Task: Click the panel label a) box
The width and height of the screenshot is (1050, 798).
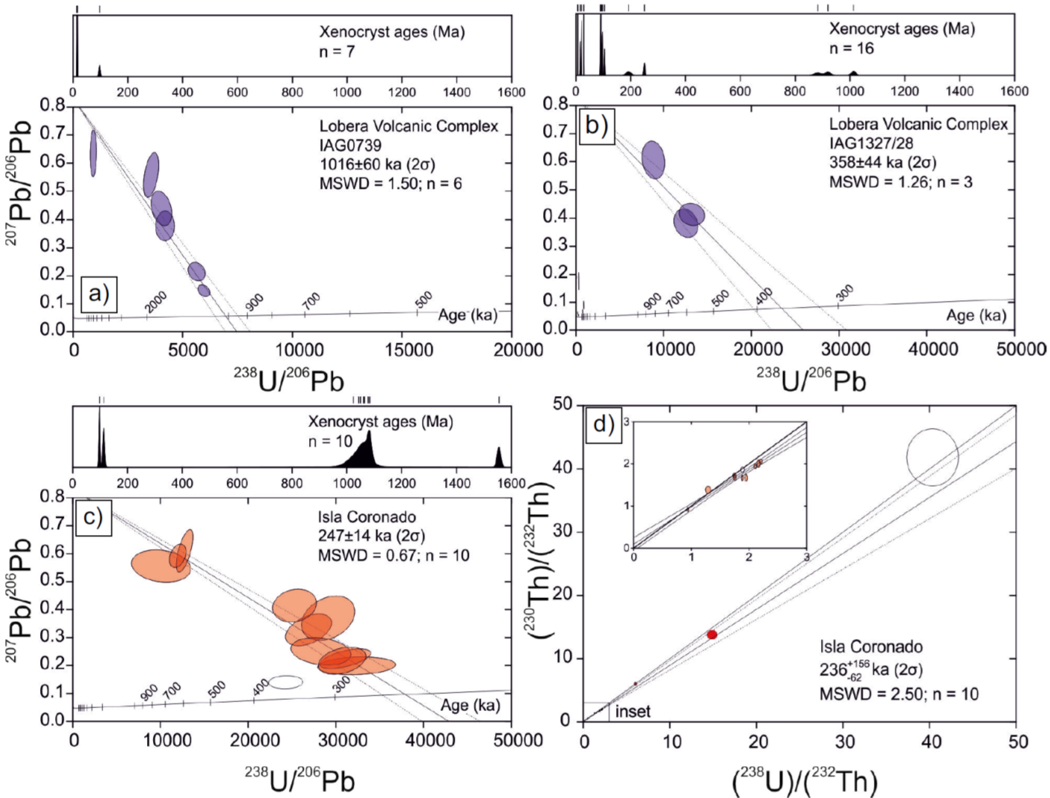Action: pos(99,293)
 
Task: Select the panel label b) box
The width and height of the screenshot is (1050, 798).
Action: pos(597,125)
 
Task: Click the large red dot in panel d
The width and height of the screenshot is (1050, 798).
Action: pos(712,635)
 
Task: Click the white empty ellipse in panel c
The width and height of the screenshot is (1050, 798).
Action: pos(285,682)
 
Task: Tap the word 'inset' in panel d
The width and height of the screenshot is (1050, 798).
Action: pos(632,712)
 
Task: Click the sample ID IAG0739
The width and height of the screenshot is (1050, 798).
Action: pos(351,145)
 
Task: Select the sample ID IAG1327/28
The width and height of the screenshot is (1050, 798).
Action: pos(871,143)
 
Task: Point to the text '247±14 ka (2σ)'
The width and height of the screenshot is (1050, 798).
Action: pos(372,536)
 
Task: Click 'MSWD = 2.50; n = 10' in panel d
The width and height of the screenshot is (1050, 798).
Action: pos(898,694)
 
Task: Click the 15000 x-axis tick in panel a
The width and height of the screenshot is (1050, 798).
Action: pos(409,350)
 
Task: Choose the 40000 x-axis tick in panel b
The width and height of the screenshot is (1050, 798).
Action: pos(933,349)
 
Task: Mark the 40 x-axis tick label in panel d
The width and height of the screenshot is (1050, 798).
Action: pos(931,742)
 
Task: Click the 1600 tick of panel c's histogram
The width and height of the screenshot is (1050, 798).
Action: pos(511,484)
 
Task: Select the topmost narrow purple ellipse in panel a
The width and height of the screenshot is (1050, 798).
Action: pos(94,153)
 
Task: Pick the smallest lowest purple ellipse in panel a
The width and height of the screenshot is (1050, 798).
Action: pos(204,291)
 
